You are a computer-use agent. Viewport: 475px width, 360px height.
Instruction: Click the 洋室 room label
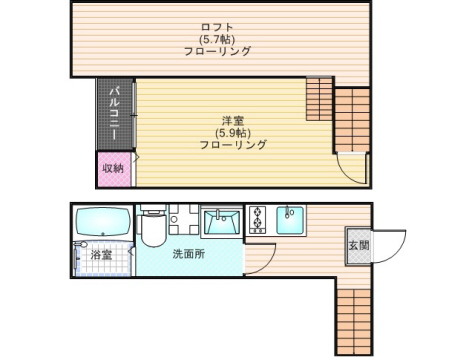click(233, 118)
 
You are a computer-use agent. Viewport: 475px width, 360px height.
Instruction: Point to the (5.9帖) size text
click(233, 131)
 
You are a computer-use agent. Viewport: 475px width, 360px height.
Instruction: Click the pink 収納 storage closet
click(113, 168)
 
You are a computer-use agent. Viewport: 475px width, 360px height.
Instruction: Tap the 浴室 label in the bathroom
click(101, 256)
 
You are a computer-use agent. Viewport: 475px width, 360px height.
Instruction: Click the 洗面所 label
click(188, 254)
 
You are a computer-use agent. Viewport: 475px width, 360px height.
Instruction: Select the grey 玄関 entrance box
click(358, 245)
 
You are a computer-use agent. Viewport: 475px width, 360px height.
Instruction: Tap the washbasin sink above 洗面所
click(219, 220)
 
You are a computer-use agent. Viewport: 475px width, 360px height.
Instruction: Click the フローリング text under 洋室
click(233, 145)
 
